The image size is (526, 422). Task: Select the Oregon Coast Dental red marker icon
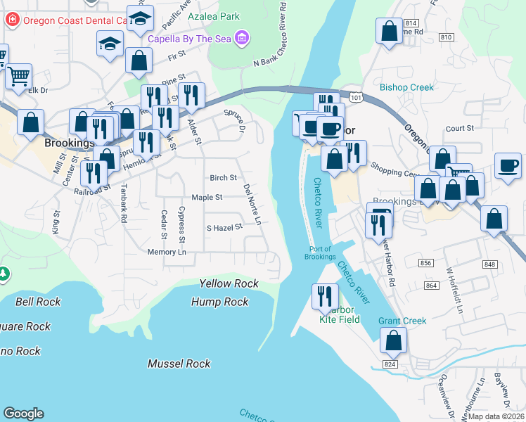coord(11,20)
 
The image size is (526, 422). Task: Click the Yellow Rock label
coord(229,283)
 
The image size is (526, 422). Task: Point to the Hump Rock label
coord(220,302)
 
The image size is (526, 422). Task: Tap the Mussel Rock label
coord(179,364)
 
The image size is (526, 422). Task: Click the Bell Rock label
coord(38,302)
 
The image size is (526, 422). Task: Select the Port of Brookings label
coord(321,252)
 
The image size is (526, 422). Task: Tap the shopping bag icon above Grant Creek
coord(394,341)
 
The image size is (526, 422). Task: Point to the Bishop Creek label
coord(407,88)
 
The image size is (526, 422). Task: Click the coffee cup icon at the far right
coord(507,167)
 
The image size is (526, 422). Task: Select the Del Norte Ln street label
coord(252,205)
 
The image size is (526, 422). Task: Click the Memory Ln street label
coord(167,252)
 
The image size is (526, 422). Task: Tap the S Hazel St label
coord(224,227)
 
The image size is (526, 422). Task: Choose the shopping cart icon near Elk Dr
coord(18,76)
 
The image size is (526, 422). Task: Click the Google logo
coord(24,414)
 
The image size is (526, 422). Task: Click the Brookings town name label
coord(69,143)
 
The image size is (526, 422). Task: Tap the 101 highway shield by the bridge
coord(356,97)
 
